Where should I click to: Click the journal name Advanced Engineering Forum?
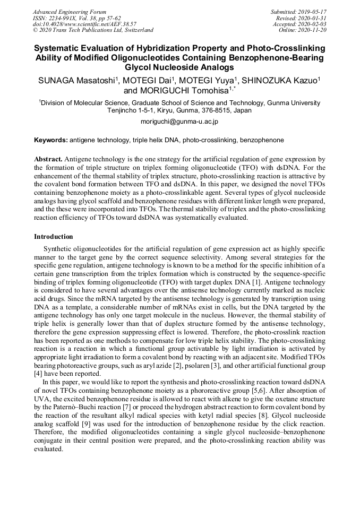pos(70,12)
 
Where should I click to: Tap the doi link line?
pos(84,24)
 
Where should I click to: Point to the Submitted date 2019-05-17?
pos(313,12)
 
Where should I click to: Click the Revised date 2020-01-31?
pos(313,18)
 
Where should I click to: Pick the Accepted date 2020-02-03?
pos(313,24)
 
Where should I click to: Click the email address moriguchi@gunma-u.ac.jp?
pos(179,122)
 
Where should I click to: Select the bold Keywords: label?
pos(50,140)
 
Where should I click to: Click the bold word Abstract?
pos(48,159)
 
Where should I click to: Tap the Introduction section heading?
pos(54,236)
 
